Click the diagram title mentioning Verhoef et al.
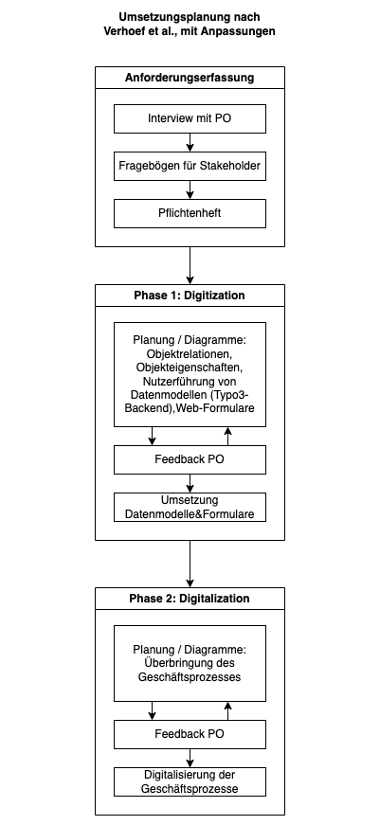190,25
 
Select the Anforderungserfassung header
190,78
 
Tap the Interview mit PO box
190,118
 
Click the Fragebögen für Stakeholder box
190,166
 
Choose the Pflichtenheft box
190,213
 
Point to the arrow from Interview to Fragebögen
190,142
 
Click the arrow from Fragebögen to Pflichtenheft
190,189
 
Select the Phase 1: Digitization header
190,296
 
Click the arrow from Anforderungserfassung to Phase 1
190,265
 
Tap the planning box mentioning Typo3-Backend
190,374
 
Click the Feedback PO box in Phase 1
190,459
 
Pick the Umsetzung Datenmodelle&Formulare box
190,507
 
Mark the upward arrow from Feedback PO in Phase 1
227,436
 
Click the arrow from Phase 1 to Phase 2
190,564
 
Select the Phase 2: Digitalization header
190,599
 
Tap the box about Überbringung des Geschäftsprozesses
190,663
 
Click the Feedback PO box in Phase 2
190,734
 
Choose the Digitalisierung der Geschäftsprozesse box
190,781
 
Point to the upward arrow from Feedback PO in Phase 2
227,710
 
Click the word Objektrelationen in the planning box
189,353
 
